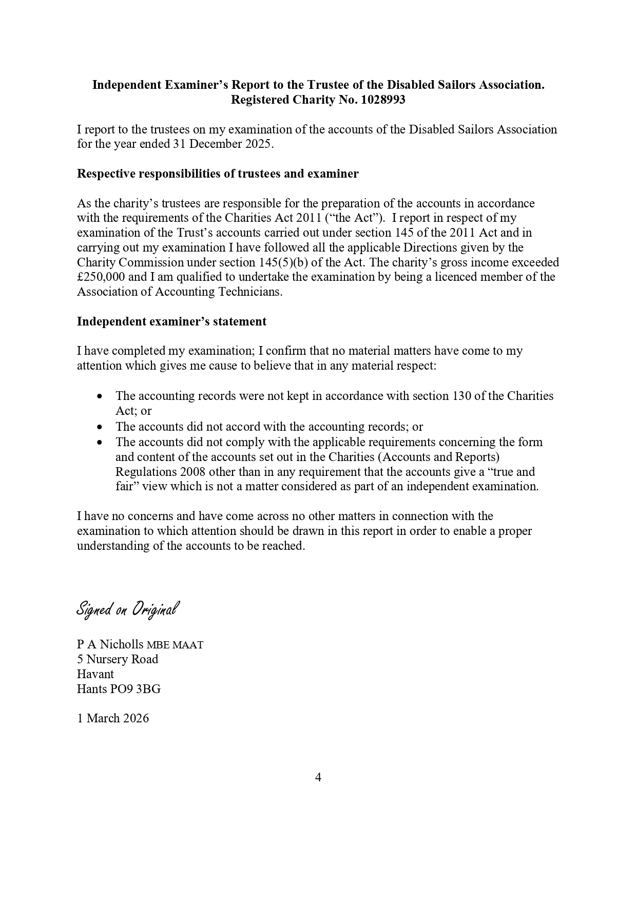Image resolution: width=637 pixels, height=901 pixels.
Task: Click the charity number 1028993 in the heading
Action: [383, 100]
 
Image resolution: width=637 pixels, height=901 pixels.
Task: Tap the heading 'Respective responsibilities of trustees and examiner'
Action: [218, 174]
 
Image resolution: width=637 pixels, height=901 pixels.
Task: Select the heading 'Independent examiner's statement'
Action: [171, 321]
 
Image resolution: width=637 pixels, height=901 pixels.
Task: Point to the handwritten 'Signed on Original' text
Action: [128, 609]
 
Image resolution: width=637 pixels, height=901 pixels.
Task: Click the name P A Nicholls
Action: [110, 644]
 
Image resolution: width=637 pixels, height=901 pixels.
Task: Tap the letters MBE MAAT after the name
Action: [175, 645]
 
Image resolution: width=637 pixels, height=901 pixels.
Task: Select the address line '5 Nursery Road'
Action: [118, 659]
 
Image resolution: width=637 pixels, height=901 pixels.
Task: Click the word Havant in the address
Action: [95, 674]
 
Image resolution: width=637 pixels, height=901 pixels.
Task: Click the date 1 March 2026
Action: [113, 718]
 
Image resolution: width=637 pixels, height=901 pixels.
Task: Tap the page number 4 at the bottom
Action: [318, 777]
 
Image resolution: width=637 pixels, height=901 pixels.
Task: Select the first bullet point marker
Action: [100, 396]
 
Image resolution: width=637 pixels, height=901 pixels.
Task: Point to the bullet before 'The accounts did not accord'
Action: [100, 427]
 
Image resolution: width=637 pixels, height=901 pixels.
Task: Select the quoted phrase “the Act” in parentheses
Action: [355, 218]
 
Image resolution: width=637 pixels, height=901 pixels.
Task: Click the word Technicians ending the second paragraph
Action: [250, 292]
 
